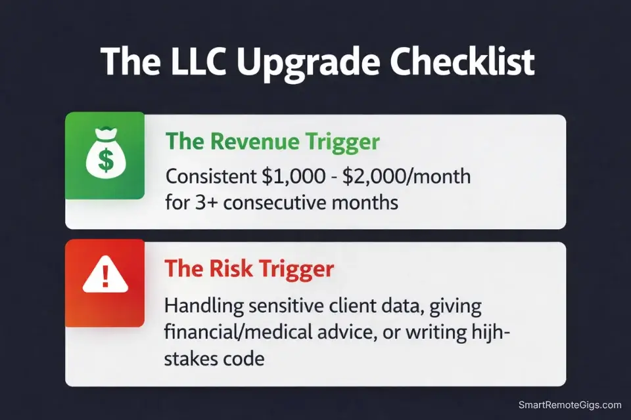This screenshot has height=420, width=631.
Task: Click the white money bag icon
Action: coord(105,155)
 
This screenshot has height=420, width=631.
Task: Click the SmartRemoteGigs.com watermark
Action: coord(570,405)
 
